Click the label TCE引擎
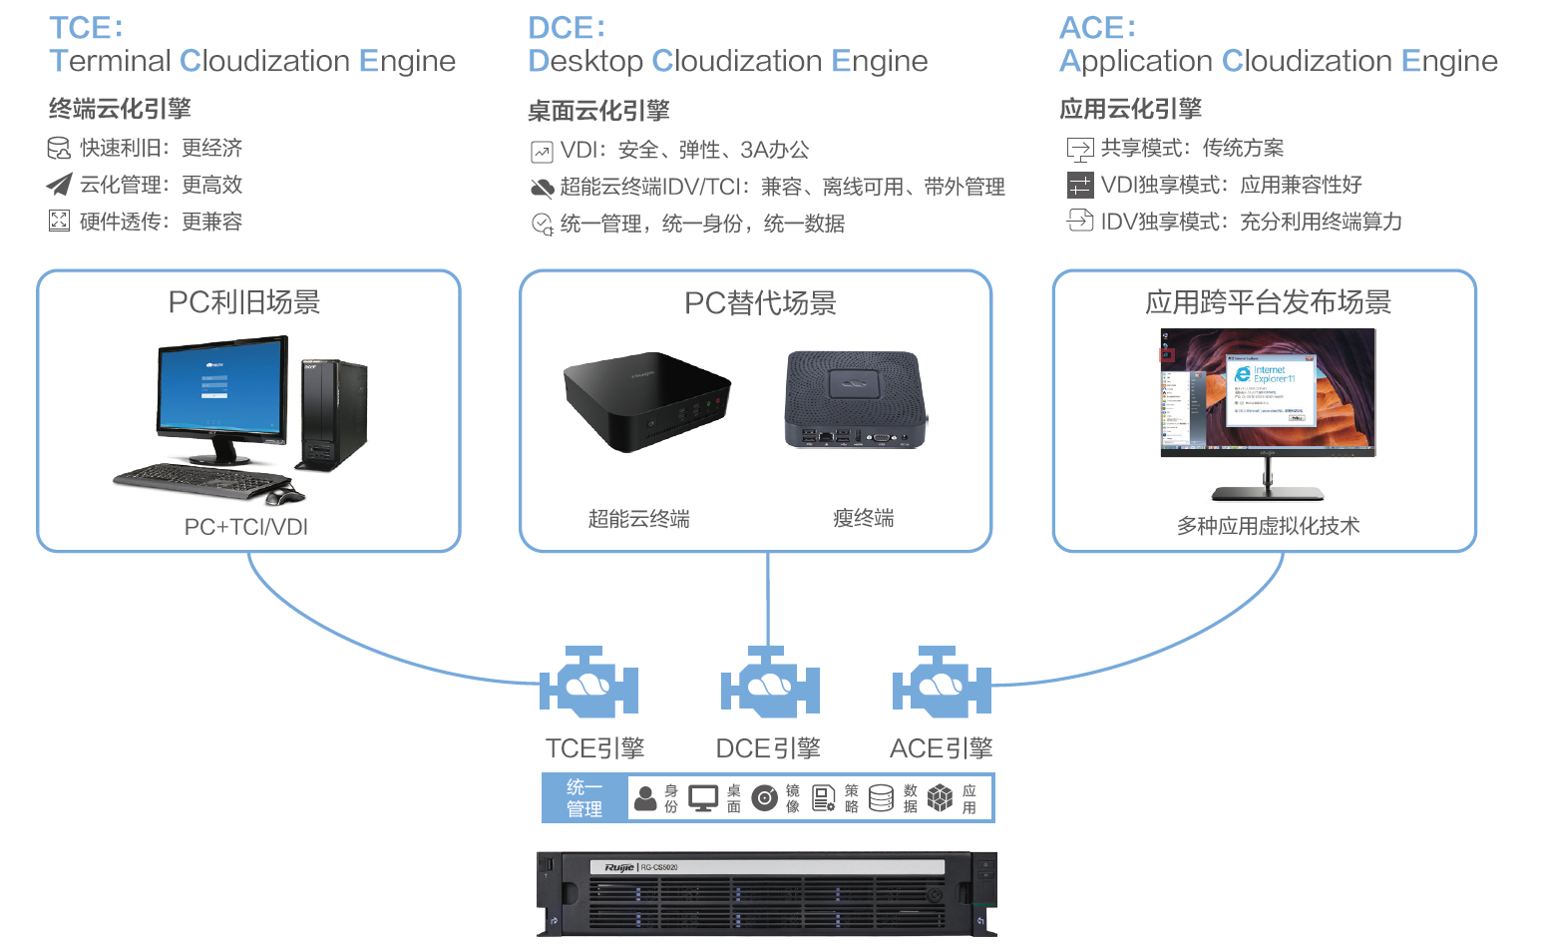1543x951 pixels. click(x=594, y=748)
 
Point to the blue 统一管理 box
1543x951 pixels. click(x=584, y=798)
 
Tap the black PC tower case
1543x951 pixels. click(x=333, y=414)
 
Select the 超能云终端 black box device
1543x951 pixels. click(x=646, y=399)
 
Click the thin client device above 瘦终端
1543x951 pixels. click(x=856, y=398)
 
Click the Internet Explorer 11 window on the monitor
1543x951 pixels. click(x=1268, y=390)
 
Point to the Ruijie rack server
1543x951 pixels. click(x=766, y=894)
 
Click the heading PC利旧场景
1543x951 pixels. click(x=244, y=302)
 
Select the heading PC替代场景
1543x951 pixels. click(x=760, y=303)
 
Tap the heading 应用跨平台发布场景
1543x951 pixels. click(x=1268, y=302)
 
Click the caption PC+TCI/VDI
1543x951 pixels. click(x=246, y=527)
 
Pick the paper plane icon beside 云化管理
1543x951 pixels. click(x=59, y=185)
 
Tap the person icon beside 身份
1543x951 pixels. click(x=646, y=798)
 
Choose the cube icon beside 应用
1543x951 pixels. click(x=940, y=798)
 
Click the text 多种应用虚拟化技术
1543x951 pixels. click(x=1268, y=526)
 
